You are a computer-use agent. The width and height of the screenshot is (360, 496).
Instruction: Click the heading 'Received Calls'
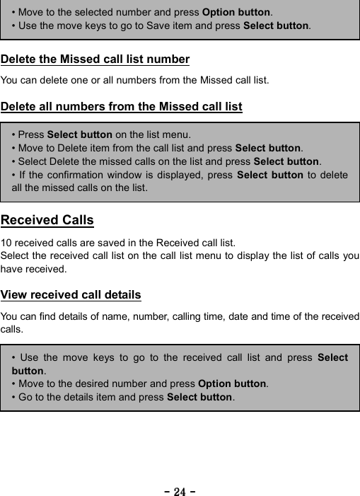(x=47, y=220)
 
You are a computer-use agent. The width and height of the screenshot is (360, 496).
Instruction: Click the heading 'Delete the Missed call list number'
(x=95, y=59)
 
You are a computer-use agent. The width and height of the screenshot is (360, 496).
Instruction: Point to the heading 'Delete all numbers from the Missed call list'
(x=122, y=108)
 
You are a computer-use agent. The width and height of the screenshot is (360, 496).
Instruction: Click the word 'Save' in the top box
(x=170, y=26)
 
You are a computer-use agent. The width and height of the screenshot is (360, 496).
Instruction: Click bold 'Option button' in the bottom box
(x=233, y=383)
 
